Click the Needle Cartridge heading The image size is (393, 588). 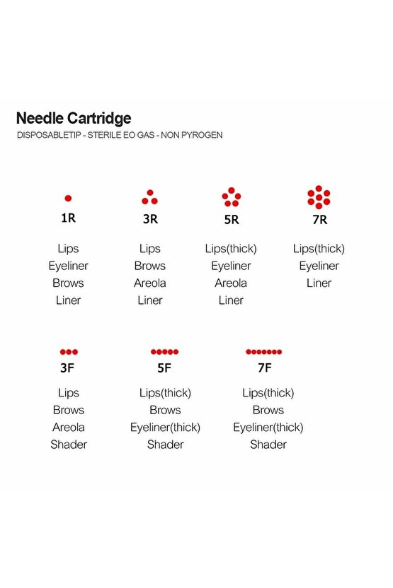74,119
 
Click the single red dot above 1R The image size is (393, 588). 68,199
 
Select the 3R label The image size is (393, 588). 150,219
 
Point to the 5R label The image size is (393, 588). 232,219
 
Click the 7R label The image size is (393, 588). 320,219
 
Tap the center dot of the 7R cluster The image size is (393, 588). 319,197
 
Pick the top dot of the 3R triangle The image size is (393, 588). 150,193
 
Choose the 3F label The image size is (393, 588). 67,368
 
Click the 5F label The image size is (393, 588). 164,368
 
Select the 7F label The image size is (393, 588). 265,368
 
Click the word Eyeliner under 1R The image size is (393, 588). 68,266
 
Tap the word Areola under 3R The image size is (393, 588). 150,283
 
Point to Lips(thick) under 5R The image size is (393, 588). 231,249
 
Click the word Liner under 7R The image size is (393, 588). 319,283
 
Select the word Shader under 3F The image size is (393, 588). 69,445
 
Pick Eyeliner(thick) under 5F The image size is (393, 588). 165,428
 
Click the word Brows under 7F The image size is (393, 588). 268,410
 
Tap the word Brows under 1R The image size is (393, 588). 68,283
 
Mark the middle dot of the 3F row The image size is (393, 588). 69,352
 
